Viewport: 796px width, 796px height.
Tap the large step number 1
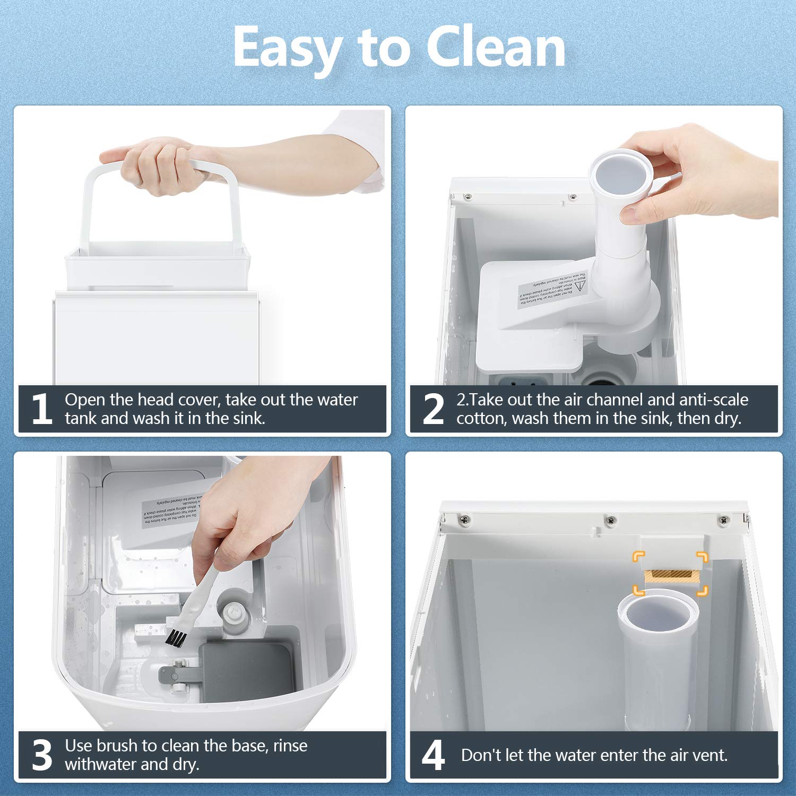point(41,409)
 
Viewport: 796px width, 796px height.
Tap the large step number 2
point(433,409)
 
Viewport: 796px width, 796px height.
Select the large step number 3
point(42,755)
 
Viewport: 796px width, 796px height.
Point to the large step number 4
point(433,755)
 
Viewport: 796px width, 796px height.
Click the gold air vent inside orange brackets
point(670,576)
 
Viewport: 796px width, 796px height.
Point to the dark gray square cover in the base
point(246,671)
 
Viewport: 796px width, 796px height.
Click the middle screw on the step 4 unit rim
point(611,520)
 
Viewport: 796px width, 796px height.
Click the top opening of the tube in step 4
point(657,616)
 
